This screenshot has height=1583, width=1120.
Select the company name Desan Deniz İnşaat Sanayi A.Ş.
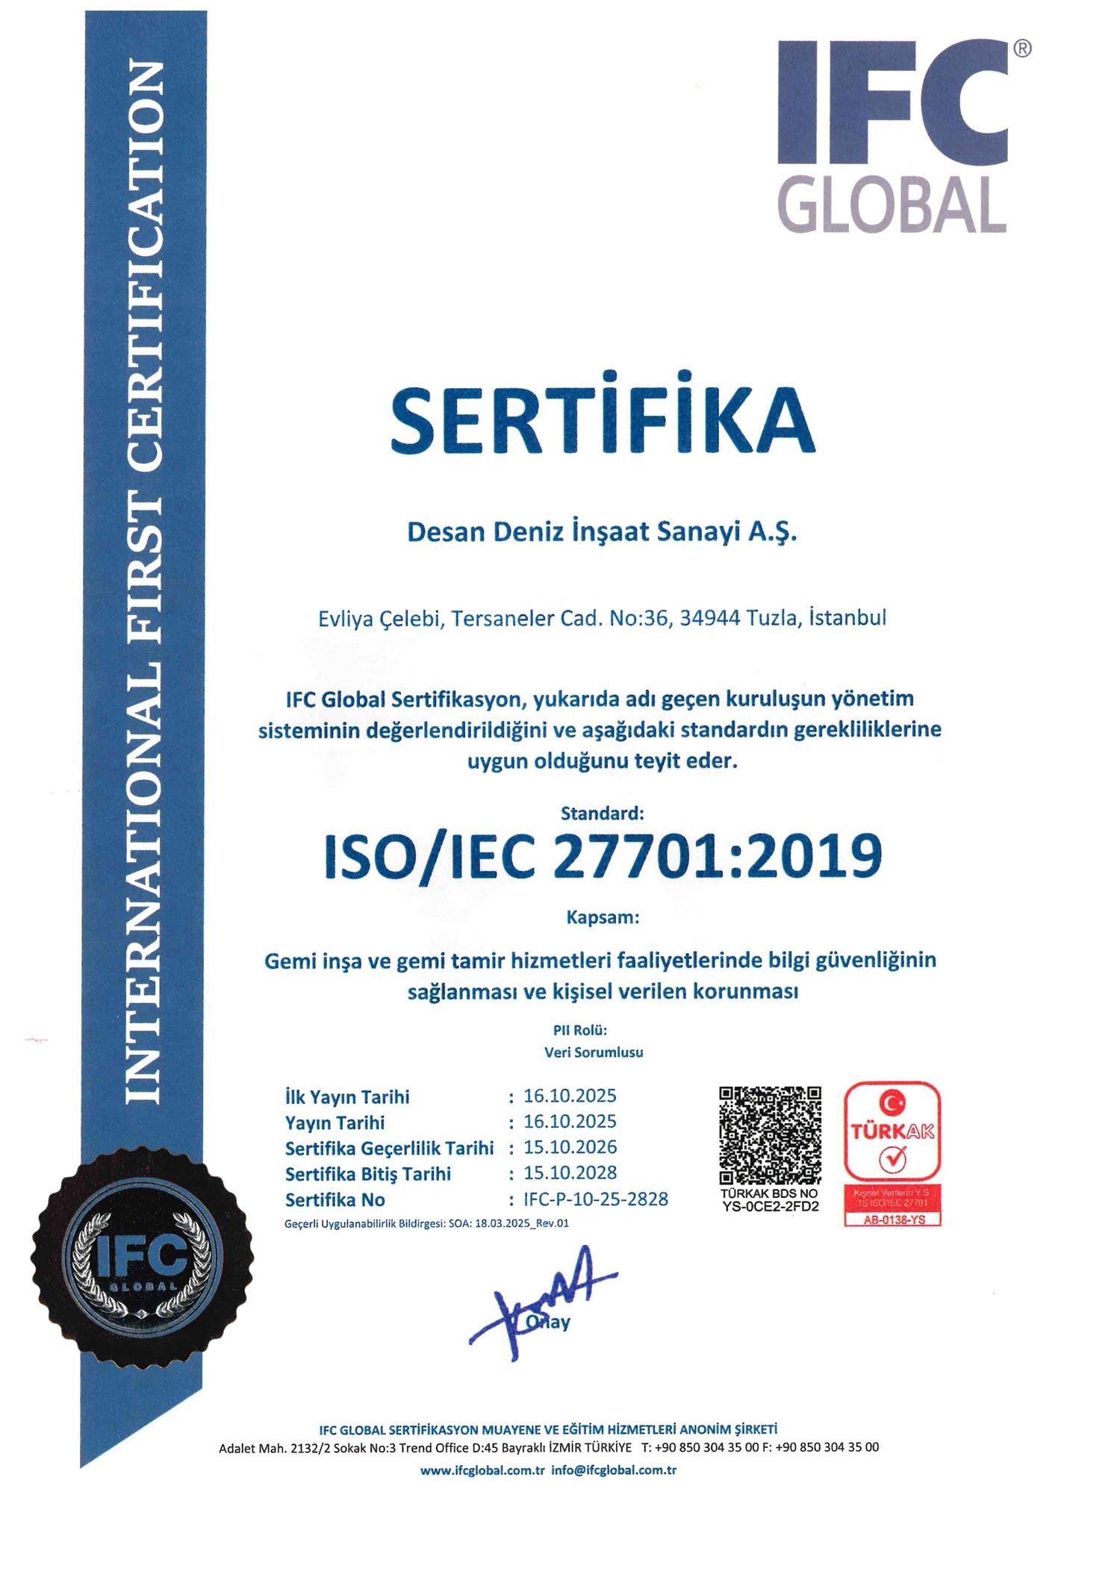602,532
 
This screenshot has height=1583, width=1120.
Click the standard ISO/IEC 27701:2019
602,856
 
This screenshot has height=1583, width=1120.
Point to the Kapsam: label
602,917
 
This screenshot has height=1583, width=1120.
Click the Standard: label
602,813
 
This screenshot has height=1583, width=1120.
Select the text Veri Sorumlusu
594,1052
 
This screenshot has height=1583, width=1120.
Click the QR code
770,1135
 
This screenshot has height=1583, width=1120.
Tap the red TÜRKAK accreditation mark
892,1131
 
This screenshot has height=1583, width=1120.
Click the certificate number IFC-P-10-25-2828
596,1199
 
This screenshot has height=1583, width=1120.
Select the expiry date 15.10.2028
570,1173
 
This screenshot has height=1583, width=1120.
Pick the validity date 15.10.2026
570,1147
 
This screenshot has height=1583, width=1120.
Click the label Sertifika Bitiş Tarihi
368,1174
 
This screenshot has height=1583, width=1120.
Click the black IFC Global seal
142,1257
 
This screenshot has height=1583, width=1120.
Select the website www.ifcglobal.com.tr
482,1470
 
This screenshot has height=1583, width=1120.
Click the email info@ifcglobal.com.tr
614,1470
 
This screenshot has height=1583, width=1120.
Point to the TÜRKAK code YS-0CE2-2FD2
770,1206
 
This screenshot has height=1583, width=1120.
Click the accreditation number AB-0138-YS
893,1220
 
